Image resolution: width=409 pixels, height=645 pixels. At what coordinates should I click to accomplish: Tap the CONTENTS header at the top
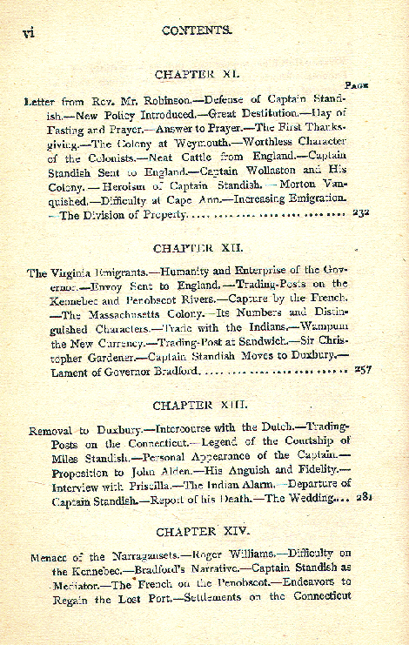197,29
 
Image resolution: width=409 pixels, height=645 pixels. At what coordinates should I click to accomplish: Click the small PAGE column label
358,86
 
